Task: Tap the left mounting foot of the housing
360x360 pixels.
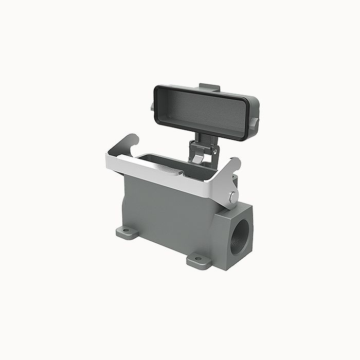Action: [x=128, y=232]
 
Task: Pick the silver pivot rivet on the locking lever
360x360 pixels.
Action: [x=233, y=196]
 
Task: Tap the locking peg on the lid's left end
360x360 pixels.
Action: [x=153, y=106]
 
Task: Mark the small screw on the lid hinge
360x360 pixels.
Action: [x=210, y=152]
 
